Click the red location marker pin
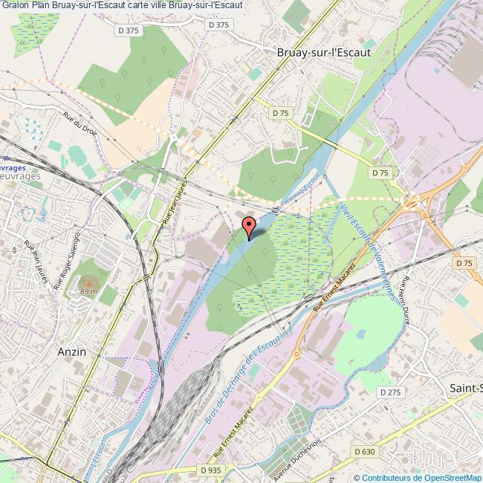249,225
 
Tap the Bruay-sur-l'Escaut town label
323,53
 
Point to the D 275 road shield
389,392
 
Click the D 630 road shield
365,451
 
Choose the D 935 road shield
212,470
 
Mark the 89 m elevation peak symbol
88,282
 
